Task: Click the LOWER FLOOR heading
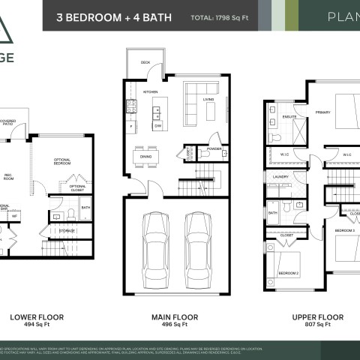pos(31,316)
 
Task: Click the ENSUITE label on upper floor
pos(289,116)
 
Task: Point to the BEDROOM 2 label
pos(288,274)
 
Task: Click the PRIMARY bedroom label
pos(322,112)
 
